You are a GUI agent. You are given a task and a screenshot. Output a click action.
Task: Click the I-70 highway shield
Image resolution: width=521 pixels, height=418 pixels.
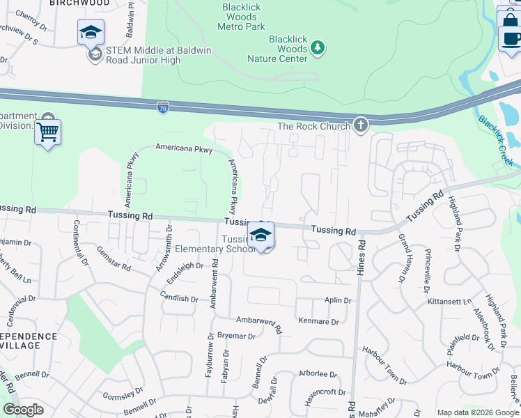pyautogui.click(x=162, y=108)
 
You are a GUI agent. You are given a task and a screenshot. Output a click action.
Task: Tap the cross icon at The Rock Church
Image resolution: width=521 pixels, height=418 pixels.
pyautogui.click(x=359, y=125)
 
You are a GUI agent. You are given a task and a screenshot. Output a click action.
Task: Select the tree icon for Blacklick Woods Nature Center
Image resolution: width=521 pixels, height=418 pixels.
pyautogui.click(x=318, y=47)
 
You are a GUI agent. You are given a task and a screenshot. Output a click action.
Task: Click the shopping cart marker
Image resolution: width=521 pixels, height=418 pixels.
pyautogui.click(x=47, y=132)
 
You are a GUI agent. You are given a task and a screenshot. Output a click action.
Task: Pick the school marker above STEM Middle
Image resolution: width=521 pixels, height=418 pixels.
pyautogui.click(x=91, y=32)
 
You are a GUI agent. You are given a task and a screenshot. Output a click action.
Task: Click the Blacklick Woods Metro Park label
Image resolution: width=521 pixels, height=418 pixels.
pyautogui.click(x=242, y=17)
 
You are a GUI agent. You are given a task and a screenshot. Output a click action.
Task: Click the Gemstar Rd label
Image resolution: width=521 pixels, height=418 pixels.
pyautogui.click(x=114, y=258)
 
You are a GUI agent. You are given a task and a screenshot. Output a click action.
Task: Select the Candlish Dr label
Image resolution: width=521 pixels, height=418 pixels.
pyautogui.click(x=179, y=297)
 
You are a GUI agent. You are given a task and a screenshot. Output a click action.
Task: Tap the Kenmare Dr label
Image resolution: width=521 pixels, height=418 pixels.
pyautogui.click(x=318, y=322)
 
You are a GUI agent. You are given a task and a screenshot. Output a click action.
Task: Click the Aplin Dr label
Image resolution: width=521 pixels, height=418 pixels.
pyautogui.click(x=338, y=300)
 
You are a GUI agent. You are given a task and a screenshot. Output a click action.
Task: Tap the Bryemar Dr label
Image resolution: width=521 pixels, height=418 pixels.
pyautogui.click(x=236, y=336)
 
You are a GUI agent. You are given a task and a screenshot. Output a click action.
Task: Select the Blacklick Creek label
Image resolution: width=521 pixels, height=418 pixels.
pyautogui.click(x=496, y=140)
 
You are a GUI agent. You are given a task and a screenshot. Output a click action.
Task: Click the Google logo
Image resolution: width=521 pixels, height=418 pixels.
pyautogui.click(x=24, y=410)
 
